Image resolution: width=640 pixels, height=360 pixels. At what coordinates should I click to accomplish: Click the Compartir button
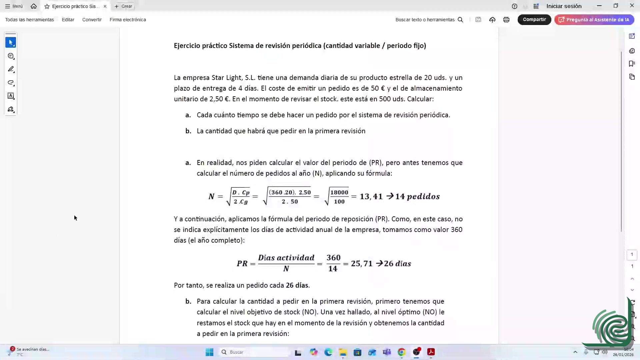pyautogui.click(x=534, y=20)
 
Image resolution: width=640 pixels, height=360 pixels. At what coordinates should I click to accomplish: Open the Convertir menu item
pyautogui.click(x=92, y=20)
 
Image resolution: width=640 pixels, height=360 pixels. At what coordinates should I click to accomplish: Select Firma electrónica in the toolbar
pyautogui.click(x=128, y=20)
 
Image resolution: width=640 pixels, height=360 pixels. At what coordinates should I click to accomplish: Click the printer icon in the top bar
pyautogui.click(x=506, y=20)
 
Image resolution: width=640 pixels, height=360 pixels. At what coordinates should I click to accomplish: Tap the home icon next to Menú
pyautogui.click(x=34, y=6)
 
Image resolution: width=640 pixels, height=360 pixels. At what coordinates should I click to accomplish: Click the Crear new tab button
pyautogui.click(x=123, y=6)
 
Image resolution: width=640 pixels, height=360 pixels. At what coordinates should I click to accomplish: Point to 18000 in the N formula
pyautogui.click(x=339, y=192)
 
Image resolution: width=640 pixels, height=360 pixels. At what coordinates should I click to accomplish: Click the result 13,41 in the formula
pyautogui.click(x=371, y=197)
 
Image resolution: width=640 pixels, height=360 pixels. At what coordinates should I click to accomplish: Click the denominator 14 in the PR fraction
pyautogui.click(x=333, y=269)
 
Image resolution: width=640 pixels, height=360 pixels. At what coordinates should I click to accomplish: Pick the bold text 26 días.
pyautogui.click(x=297, y=285)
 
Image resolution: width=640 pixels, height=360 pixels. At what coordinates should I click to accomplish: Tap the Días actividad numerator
pyautogui.click(x=286, y=258)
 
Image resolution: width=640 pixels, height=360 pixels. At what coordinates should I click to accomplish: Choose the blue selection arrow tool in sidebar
pyautogui.click(x=11, y=42)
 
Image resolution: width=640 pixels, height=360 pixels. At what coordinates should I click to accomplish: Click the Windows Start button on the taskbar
pyautogui.click(x=209, y=352)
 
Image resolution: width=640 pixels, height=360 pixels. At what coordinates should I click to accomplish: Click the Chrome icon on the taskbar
pyautogui.click(x=401, y=352)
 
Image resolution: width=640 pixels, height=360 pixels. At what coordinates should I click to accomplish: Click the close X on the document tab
pyautogui.click(x=105, y=6)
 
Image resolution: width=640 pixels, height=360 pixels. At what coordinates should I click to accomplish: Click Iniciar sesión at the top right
pyautogui.click(x=564, y=6)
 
